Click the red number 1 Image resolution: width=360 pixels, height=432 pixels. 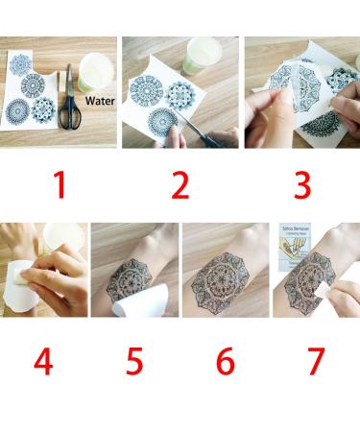[59, 185]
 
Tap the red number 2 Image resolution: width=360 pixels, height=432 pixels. [180, 185]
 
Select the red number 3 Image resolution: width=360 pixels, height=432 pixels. [300, 185]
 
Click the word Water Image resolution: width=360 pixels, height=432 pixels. [99, 99]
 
